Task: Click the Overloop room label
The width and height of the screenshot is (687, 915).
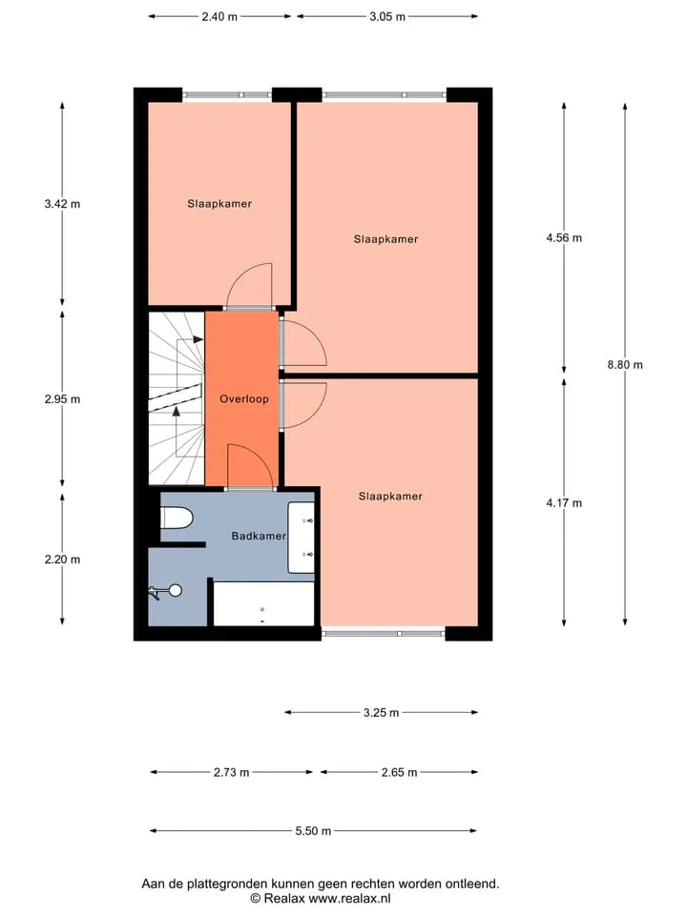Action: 244,399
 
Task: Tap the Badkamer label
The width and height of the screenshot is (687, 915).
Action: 259,536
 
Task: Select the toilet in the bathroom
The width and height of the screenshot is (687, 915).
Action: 177,518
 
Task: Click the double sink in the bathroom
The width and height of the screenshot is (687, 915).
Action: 301,537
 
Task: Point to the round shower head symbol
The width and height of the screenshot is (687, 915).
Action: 176,591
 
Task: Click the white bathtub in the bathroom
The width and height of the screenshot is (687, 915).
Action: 263,603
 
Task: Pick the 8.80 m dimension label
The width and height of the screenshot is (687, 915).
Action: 625,365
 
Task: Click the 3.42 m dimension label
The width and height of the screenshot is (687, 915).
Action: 63,204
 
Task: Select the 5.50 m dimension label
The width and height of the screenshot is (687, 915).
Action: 313,831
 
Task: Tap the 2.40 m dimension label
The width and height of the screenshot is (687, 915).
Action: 219,16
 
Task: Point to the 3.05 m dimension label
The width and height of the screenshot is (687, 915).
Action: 387,16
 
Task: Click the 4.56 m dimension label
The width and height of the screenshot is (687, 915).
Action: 564,237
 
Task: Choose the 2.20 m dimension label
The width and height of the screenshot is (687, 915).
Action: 63,559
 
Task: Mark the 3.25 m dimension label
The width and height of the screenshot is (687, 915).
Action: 382,713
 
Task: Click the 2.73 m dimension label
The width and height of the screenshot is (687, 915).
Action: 231,773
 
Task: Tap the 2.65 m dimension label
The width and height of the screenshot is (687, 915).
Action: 400,773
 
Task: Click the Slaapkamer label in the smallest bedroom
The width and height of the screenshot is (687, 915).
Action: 219,204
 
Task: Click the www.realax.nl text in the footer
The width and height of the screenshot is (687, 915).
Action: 349,899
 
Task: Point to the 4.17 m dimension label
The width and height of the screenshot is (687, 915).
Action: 564,503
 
